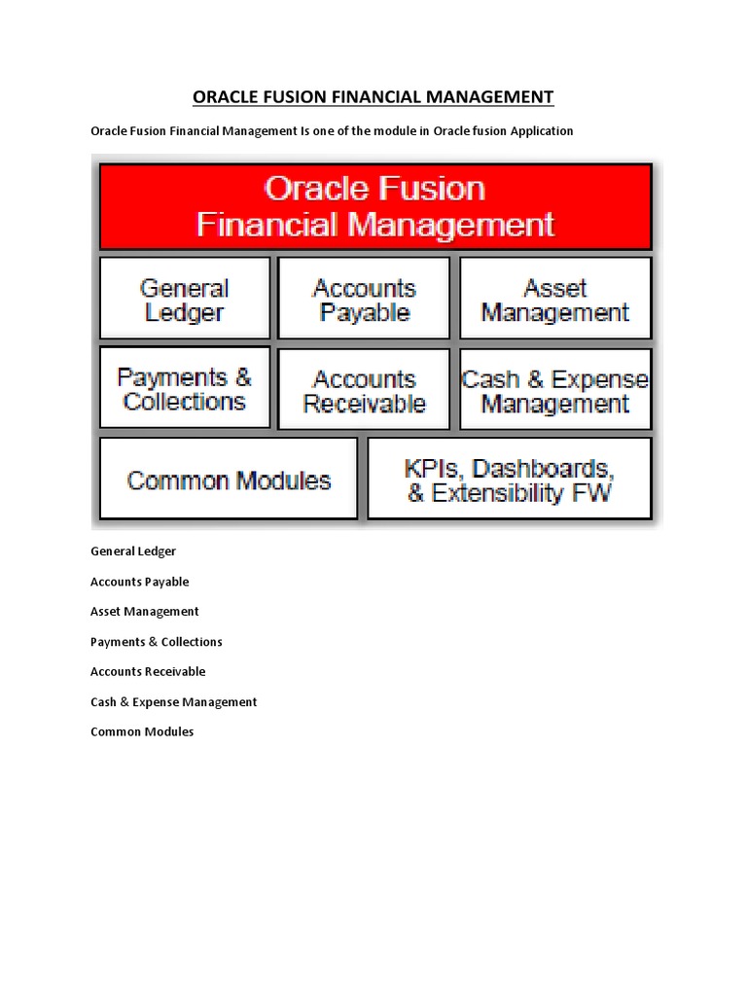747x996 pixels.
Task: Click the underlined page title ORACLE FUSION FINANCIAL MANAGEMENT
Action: click(x=373, y=96)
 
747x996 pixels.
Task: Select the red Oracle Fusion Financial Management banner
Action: click(x=375, y=206)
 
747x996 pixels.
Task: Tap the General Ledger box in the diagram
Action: click(x=185, y=300)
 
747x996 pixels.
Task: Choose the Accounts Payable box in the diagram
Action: click(x=364, y=300)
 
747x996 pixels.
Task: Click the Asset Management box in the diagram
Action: click(x=555, y=300)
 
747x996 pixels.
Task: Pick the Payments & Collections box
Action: click(x=185, y=389)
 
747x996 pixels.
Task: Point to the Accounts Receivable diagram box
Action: click(x=364, y=390)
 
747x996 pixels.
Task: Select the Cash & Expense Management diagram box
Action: click(x=555, y=390)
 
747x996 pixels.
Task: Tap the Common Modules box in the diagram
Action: click(x=229, y=480)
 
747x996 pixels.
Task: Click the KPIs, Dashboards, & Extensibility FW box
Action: click(x=510, y=480)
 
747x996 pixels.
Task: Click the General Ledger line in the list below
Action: click(x=133, y=551)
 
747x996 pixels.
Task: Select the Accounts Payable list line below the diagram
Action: click(x=139, y=582)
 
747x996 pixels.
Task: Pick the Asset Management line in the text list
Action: click(x=144, y=612)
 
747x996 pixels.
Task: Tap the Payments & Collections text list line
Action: click(x=156, y=642)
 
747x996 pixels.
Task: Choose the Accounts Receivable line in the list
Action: click(x=148, y=672)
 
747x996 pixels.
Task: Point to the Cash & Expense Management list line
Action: click(x=173, y=702)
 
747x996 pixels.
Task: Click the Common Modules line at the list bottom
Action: click(x=142, y=731)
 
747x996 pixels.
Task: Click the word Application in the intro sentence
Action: click(x=540, y=131)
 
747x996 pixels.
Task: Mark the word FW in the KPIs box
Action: click(x=591, y=493)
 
